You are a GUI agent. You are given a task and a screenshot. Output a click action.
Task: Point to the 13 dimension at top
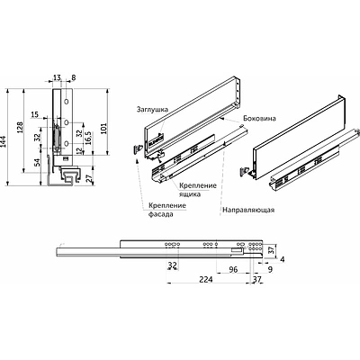pos(58,78)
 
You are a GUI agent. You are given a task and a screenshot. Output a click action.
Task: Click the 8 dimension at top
pos(73,78)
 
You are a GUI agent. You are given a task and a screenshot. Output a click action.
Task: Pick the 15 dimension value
pos(33,114)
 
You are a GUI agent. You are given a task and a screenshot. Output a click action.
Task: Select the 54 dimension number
pos(35,165)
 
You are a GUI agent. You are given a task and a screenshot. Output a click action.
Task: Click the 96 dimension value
pos(232,268)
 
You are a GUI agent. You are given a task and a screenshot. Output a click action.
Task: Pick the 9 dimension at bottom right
pos(270,268)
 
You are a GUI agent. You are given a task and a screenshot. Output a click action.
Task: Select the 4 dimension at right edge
pos(281,259)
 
